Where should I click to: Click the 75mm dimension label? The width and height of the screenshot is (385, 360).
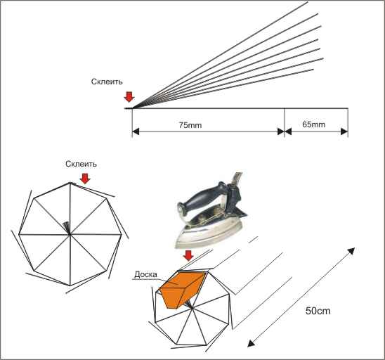click(190, 125)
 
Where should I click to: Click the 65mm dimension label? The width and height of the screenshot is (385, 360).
click(313, 124)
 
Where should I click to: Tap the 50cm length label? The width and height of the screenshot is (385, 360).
click(318, 311)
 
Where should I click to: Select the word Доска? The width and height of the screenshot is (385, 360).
click(145, 274)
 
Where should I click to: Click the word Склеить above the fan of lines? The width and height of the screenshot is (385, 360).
click(107, 82)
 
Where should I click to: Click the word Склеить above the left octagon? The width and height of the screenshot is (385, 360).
click(81, 164)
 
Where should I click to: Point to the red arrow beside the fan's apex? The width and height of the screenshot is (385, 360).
click(129, 97)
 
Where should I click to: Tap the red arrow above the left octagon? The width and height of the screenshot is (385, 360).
click(85, 179)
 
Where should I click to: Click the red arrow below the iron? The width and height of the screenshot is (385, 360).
click(188, 256)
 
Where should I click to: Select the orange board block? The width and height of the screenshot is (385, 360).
click(182, 289)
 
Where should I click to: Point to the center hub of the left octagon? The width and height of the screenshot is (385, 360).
click(70, 235)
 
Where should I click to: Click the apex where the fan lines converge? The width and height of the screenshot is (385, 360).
click(132, 108)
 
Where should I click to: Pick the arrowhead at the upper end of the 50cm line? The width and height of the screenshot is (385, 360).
click(352, 251)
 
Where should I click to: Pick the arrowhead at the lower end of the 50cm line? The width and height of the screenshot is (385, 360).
click(250, 344)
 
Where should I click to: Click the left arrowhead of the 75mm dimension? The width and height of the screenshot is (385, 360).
click(136, 131)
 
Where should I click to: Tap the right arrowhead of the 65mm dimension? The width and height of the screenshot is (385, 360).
click(344, 131)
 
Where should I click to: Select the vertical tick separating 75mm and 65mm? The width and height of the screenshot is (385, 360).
click(285, 122)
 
